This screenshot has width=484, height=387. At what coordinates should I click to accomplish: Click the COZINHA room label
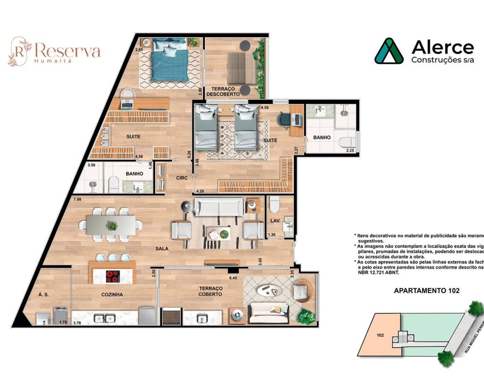point(112,294)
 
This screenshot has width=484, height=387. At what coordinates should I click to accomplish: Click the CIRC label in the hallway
point(181,178)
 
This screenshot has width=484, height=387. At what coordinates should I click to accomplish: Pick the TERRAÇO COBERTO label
point(210,291)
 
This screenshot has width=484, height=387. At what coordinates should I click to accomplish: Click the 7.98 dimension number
point(77,199)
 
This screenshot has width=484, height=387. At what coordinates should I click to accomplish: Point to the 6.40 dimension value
point(232,278)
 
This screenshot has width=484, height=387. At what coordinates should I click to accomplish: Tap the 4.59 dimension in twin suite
point(265,107)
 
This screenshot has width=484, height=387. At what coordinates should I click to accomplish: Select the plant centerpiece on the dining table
point(112,225)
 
